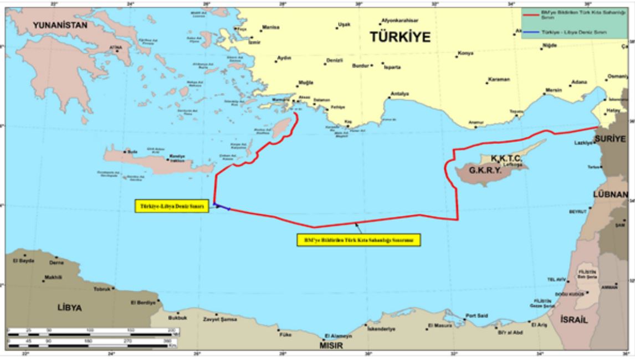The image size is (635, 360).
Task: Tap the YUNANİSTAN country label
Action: point(60,25)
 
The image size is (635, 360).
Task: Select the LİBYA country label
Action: point(70,307)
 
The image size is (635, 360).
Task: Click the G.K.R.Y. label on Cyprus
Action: point(485,171)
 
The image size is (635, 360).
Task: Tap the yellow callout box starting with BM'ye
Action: point(358,240)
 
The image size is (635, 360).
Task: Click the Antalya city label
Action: point(400,93)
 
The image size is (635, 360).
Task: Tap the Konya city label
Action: point(465,54)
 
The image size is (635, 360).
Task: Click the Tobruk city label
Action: point(102,289)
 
